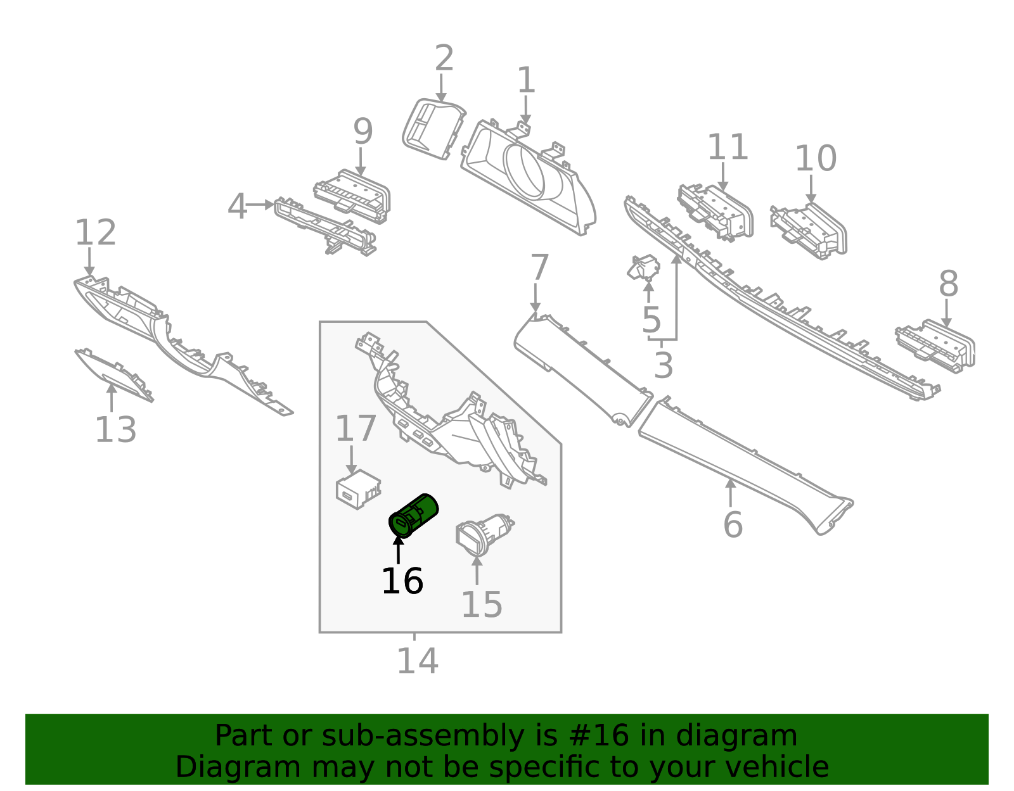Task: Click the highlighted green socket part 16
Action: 414,516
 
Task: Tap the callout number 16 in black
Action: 402,581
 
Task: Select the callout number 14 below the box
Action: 417,661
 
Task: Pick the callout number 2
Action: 444,58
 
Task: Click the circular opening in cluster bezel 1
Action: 524,169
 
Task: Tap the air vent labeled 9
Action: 353,195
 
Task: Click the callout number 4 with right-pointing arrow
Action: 236,206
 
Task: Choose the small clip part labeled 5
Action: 643,268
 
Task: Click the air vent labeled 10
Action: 810,231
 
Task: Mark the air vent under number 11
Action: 716,212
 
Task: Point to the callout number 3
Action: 663,365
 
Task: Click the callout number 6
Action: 733,524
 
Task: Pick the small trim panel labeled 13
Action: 114,374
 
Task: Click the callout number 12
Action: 96,232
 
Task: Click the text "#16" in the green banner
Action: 599,736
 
